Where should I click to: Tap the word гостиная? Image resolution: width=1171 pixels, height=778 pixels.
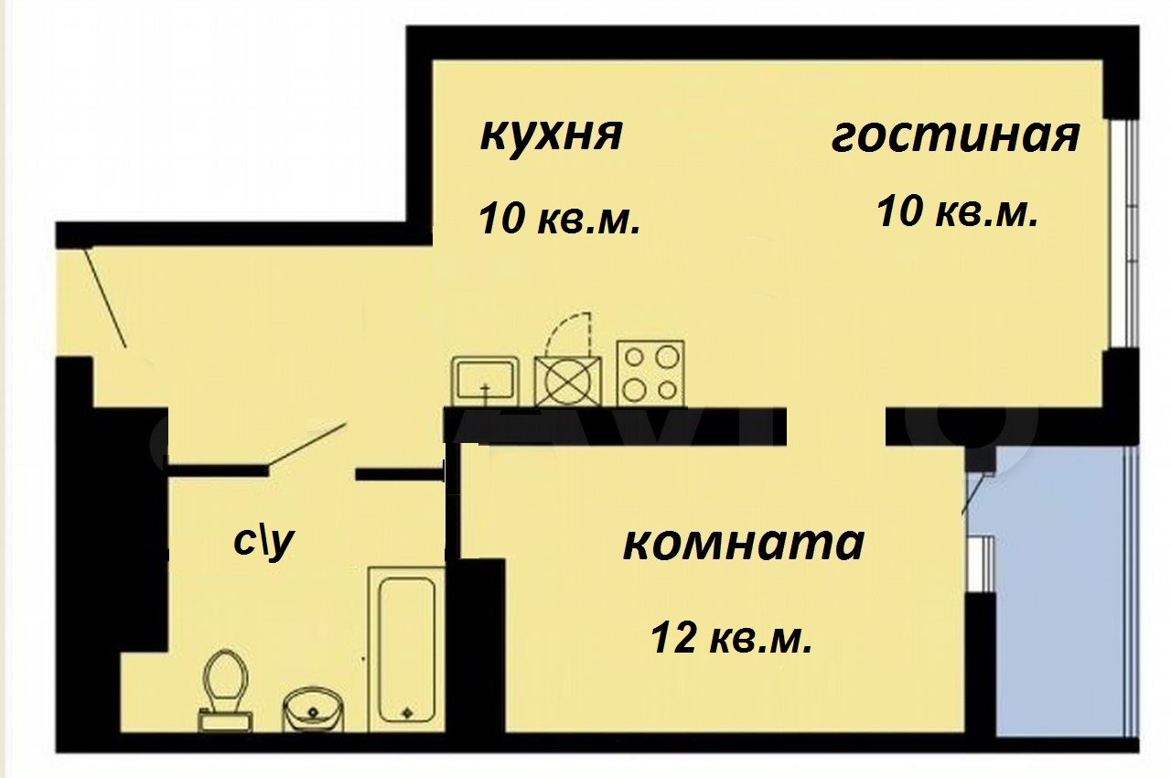(956, 137)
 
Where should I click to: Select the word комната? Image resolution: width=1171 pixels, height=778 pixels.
(744, 544)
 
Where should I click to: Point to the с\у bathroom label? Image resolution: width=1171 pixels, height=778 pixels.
(264, 542)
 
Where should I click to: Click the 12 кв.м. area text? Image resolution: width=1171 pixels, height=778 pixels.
(732, 638)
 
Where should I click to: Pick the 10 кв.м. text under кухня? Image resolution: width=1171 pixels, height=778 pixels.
(559, 219)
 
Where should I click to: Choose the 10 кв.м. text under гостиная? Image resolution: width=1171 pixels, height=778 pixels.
(958, 211)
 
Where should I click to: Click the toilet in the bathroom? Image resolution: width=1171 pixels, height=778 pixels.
(226, 690)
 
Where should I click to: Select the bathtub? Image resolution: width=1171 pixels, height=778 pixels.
(406, 649)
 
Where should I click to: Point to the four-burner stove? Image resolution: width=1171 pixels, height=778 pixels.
(650, 373)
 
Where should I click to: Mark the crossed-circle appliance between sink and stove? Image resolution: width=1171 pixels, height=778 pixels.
(568, 381)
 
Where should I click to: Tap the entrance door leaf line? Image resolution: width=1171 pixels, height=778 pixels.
(106, 297)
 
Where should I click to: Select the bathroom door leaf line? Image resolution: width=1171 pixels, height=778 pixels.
(306, 443)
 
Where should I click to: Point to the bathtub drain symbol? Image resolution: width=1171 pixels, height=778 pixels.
(407, 712)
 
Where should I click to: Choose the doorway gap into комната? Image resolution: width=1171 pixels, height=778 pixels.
(835, 427)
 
